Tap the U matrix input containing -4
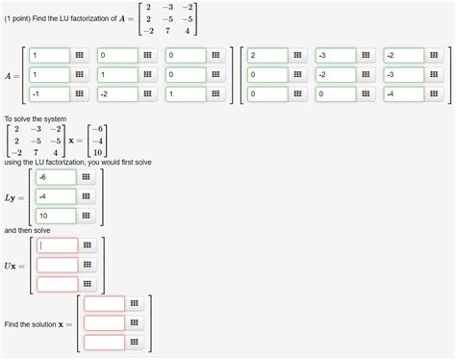click(x=404, y=93)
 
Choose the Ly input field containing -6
click(x=56, y=177)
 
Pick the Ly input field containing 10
click(x=56, y=216)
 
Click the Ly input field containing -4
click(x=56, y=196)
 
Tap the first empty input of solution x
click(x=104, y=303)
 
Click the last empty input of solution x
click(x=104, y=342)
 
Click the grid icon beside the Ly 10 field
click(x=87, y=216)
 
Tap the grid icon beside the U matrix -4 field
click(x=434, y=93)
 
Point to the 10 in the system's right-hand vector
click(x=97, y=152)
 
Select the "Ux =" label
click(x=16, y=265)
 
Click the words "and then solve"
click(x=31, y=231)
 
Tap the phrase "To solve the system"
click(x=36, y=118)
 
